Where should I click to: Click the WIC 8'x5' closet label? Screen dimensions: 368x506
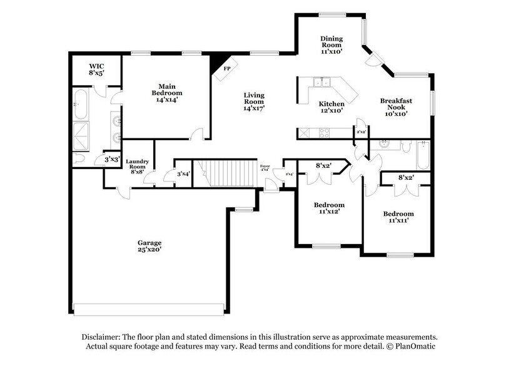(x=96, y=69)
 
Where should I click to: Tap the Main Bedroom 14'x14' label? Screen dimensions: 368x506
(x=166, y=93)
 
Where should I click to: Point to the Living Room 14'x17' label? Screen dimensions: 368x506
(x=254, y=101)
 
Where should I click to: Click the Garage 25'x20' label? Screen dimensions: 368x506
(x=150, y=246)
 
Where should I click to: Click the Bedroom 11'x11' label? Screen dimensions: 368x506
(x=398, y=217)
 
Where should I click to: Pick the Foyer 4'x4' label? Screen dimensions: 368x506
(x=265, y=168)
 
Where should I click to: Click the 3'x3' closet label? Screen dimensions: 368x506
(x=112, y=160)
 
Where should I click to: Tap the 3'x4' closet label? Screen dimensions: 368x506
(x=183, y=174)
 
